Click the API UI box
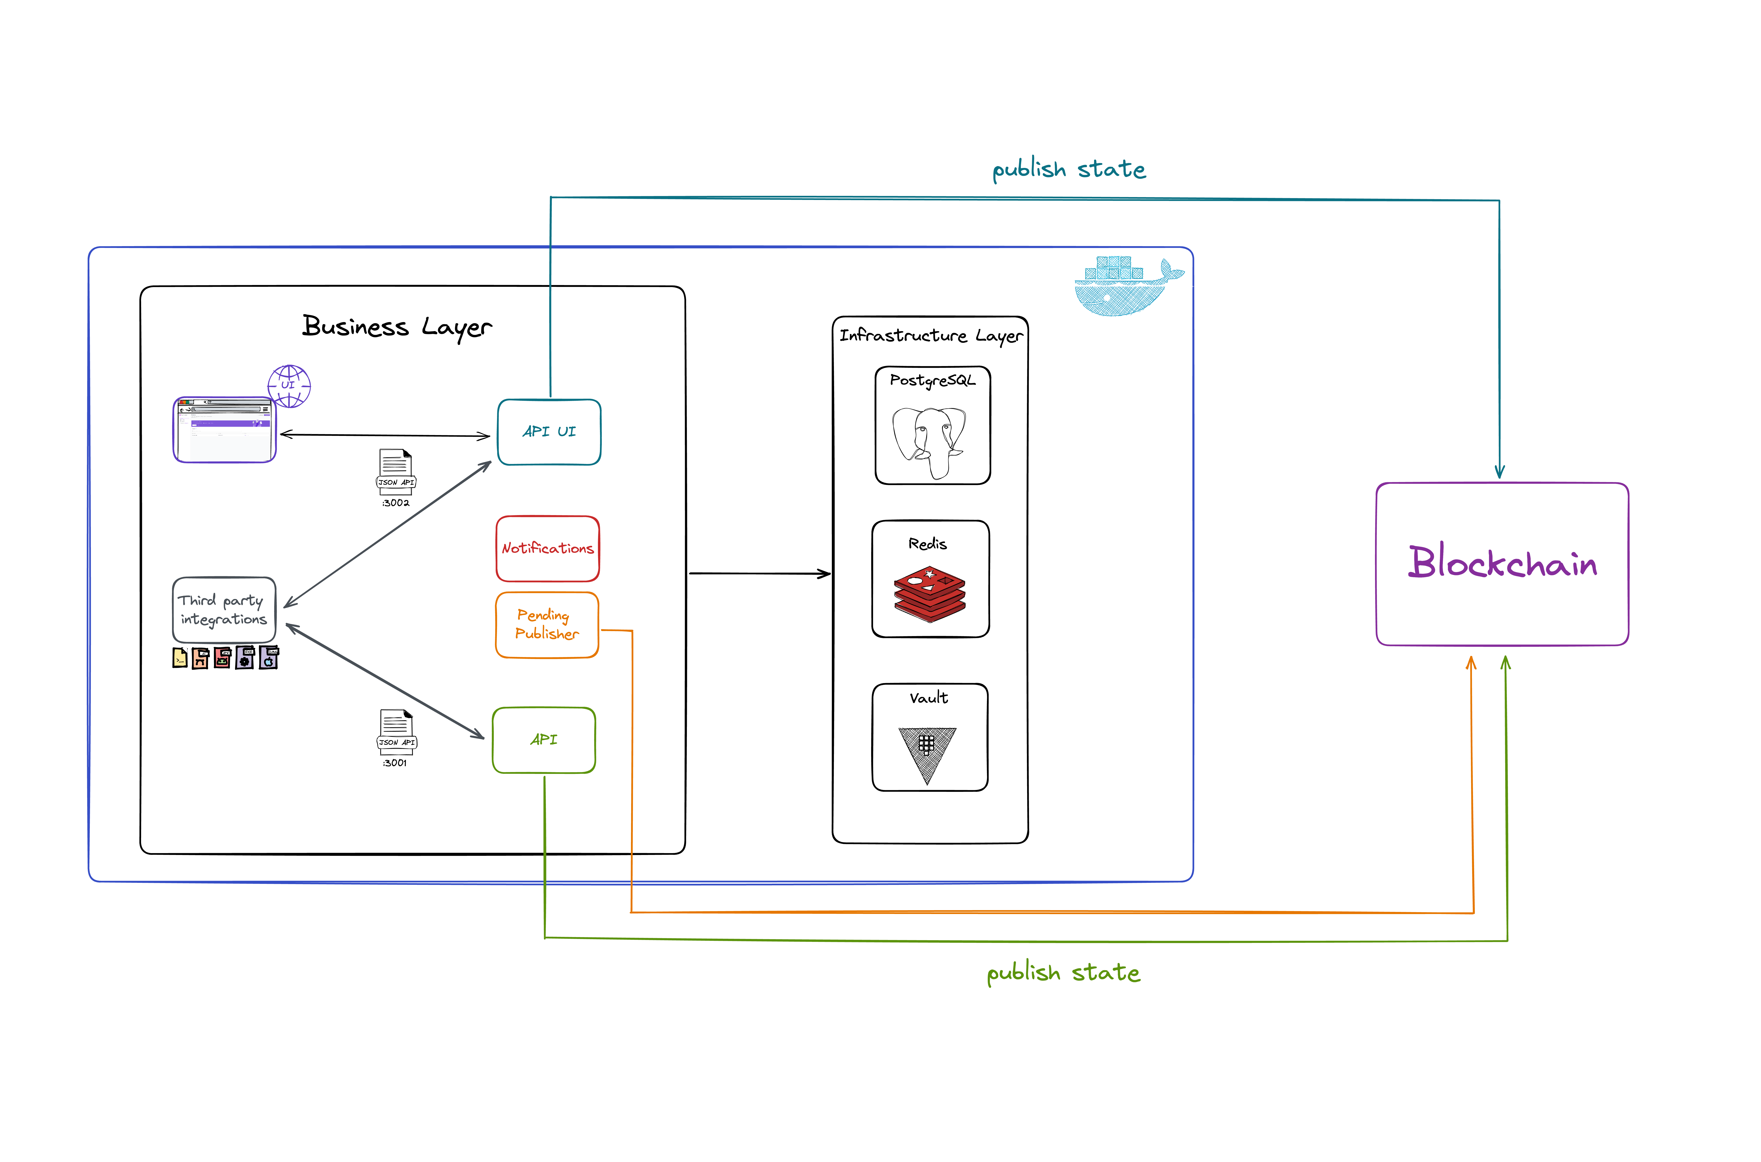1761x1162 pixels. click(549, 432)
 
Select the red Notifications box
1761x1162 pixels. click(548, 548)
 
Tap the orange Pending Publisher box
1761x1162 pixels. click(547, 625)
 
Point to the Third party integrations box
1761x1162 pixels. click(224, 610)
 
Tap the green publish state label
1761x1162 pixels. click(1064, 973)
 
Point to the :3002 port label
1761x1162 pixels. click(396, 503)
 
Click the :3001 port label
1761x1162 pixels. click(395, 763)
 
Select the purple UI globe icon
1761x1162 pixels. click(289, 386)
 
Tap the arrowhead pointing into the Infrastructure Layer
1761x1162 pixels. click(824, 574)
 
